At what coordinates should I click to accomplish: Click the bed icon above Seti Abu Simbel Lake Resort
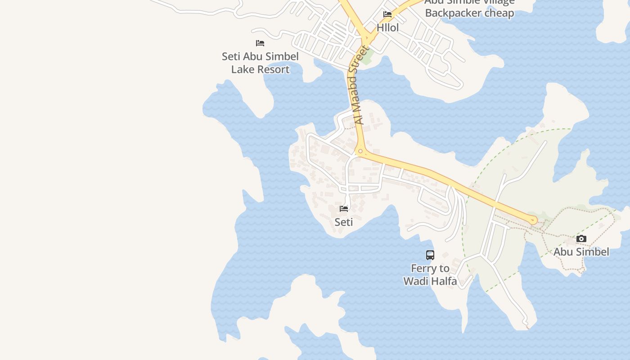pyautogui.click(x=260, y=43)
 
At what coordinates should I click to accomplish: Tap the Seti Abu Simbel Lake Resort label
pyautogui.click(x=260, y=63)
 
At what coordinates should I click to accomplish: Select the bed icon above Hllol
pyautogui.click(x=387, y=14)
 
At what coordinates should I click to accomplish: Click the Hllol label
pyautogui.click(x=387, y=27)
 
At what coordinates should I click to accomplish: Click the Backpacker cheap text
pyautogui.click(x=469, y=13)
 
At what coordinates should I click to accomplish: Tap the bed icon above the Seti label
pyautogui.click(x=344, y=209)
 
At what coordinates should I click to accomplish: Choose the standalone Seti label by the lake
pyautogui.click(x=344, y=222)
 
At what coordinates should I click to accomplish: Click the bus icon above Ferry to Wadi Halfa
pyautogui.click(x=430, y=255)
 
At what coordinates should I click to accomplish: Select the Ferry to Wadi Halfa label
pyautogui.click(x=430, y=275)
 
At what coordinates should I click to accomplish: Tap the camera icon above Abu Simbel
pyautogui.click(x=581, y=239)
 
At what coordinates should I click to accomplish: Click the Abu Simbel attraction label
pyautogui.click(x=581, y=252)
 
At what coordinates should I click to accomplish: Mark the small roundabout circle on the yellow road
pyautogui.click(x=360, y=151)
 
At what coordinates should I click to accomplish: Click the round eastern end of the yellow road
pyautogui.click(x=534, y=220)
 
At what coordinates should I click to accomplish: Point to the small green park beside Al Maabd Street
pyautogui.click(x=368, y=58)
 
